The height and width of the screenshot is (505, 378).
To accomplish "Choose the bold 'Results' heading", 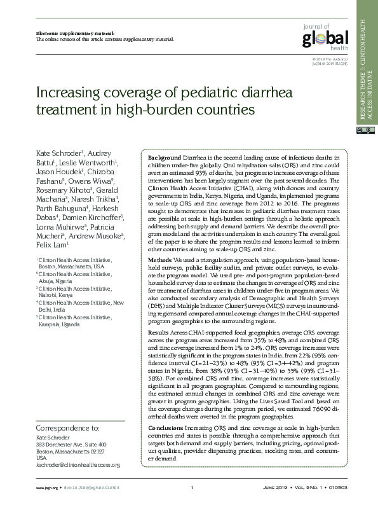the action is (x=159, y=332).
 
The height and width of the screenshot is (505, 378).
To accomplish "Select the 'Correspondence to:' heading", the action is (x=68, y=428).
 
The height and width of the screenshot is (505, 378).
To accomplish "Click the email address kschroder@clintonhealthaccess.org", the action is (x=78, y=465).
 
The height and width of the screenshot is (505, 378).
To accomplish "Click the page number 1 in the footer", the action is (x=191, y=488).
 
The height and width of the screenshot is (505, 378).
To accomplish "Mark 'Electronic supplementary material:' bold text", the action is (x=66, y=32).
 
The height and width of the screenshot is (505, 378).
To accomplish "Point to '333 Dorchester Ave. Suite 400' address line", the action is (x=71, y=445).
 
